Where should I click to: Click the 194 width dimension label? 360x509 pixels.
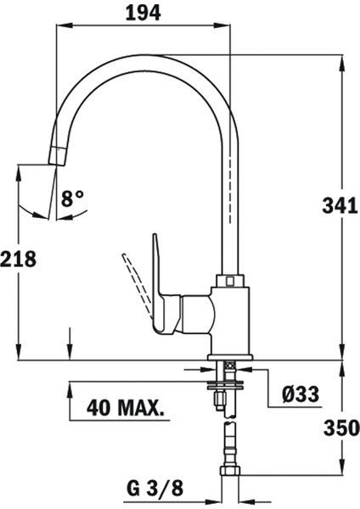click(x=143, y=14)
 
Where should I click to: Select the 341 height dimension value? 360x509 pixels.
click(x=340, y=206)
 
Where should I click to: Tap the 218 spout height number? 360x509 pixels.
click(x=18, y=259)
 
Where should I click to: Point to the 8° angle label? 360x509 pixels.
click(x=72, y=199)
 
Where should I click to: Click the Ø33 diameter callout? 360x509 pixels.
click(x=301, y=394)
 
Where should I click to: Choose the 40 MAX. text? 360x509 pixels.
click(x=126, y=407)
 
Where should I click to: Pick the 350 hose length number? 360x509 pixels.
click(x=341, y=428)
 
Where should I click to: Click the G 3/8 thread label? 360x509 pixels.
click(x=155, y=489)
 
